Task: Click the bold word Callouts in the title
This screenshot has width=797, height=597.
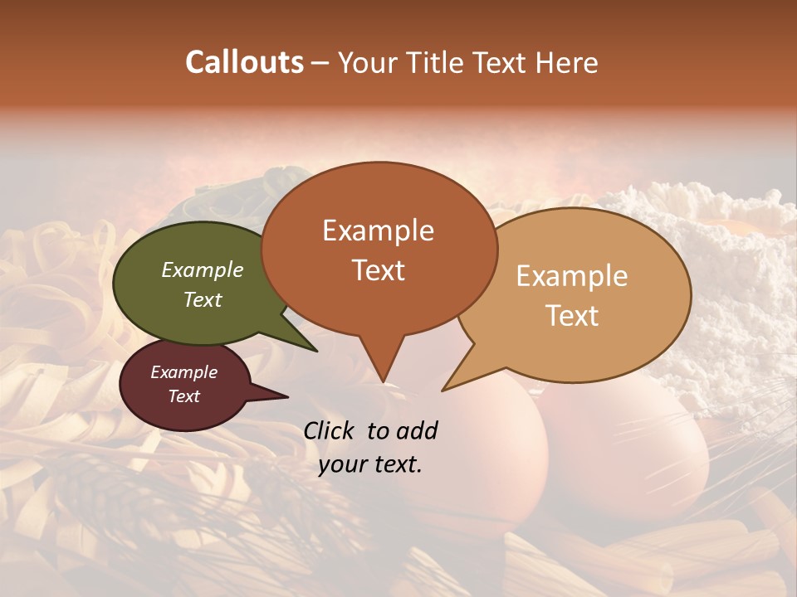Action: [244, 62]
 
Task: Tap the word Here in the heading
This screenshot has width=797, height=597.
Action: [567, 63]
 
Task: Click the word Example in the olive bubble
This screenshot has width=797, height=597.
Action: [202, 269]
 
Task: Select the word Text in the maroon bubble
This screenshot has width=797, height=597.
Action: [183, 396]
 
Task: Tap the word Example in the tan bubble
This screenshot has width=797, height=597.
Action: [572, 276]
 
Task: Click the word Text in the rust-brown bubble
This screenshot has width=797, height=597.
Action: [379, 270]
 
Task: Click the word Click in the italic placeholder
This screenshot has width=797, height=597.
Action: [330, 430]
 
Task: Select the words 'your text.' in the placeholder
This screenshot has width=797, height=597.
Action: [370, 464]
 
